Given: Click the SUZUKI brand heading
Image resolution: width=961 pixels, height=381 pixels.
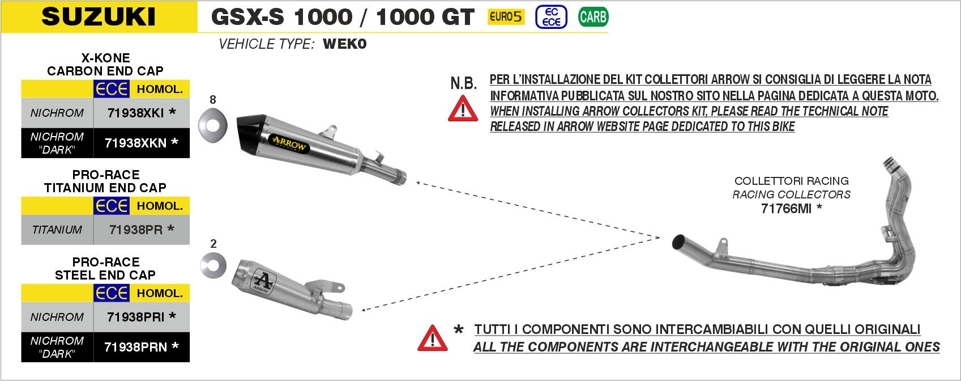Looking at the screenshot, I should pos(99,16).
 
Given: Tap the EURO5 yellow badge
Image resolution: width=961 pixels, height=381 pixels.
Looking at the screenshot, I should pos(506,17).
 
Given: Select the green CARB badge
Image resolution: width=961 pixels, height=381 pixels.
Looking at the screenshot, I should pos(593,17).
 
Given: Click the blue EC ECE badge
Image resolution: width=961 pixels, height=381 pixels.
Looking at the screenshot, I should pos(551,17).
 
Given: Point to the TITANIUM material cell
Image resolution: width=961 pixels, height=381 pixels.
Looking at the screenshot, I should pos(57,230).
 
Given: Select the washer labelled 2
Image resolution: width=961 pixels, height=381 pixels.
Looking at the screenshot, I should pos(213,265).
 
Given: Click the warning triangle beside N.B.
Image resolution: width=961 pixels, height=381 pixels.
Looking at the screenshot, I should pos(463,109).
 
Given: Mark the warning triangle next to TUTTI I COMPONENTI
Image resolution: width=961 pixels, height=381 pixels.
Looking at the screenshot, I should pos(432,338).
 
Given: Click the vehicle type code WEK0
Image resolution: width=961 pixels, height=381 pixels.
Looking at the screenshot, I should pos(344,44).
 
